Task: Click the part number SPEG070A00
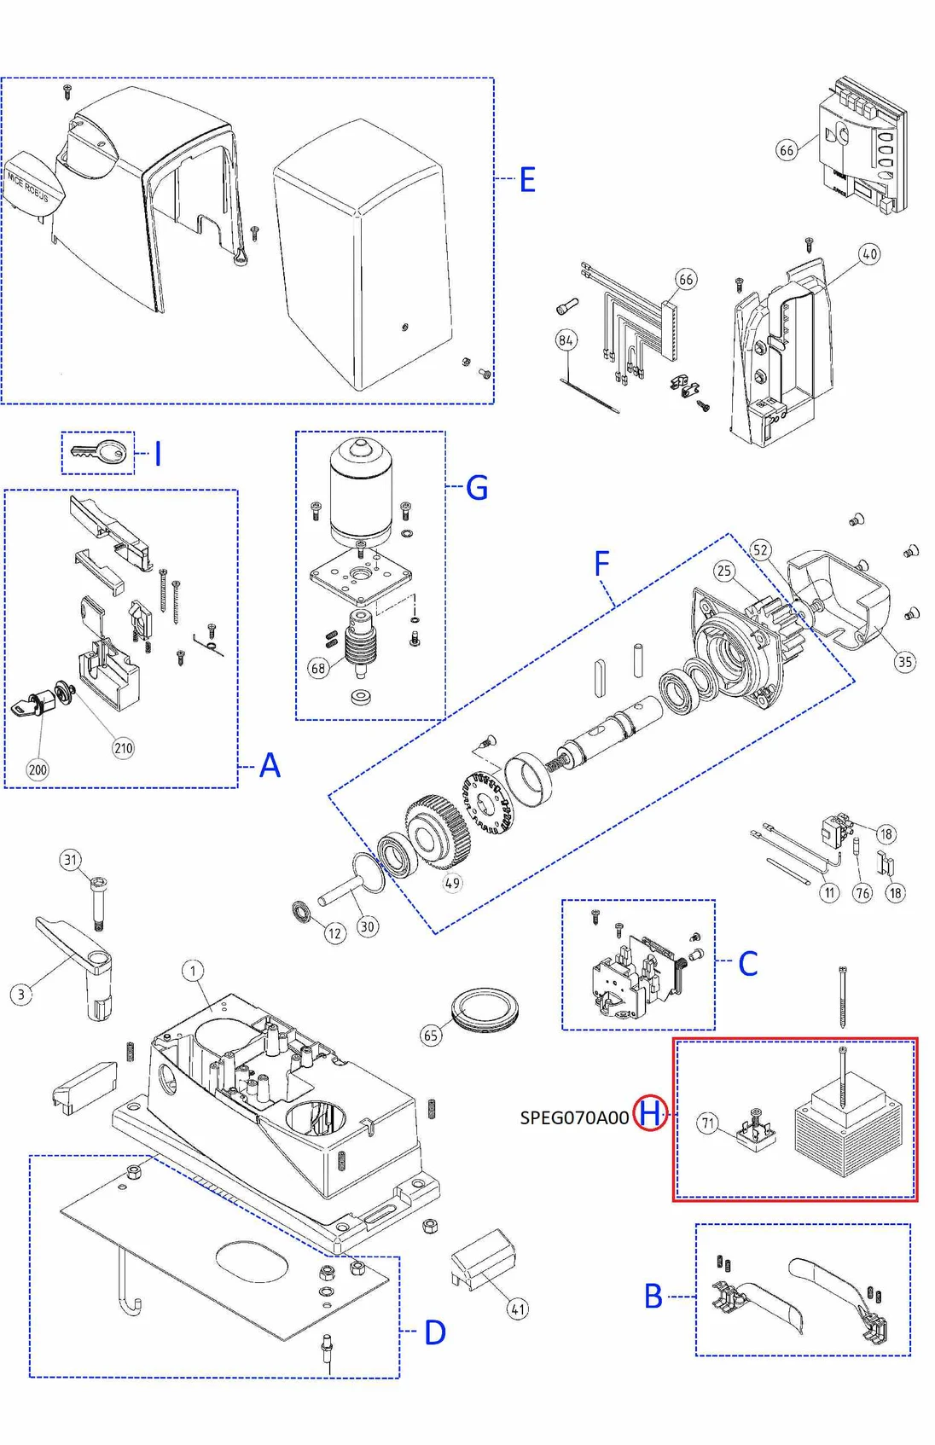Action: pyautogui.click(x=574, y=1117)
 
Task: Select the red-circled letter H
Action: pyautogui.click(x=650, y=1113)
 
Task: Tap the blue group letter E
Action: pyautogui.click(x=527, y=180)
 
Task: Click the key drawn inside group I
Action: pyautogui.click(x=99, y=451)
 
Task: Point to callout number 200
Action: pyautogui.click(x=38, y=769)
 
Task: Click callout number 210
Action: pyautogui.click(x=124, y=748)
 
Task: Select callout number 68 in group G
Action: pyautogui.click(x=318, y=668)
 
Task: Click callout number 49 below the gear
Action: pyautogui.click(x=452, y=883)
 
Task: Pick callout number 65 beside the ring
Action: pyautogui.click(x=431, y=1036)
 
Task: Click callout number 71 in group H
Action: pyautogui.click(x=708, y=1123)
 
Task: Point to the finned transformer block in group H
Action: pyautogui.click(x=847, y=1131)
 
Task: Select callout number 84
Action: pyautogui.click(x=566, y=340)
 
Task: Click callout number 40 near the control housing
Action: pyautogui.click(x=869, y=254)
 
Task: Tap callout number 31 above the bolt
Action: pyautogui.click(x=71, y=860)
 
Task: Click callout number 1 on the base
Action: pyautogui.click(x=193, y=971)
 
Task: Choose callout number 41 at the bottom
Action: pyautogui.click(x=518, y=1309)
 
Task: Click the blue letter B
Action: pyautogui.click(x=653, y=1297)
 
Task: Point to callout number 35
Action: pyautogui.click(x=904, y=661)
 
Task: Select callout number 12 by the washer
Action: pyautogui.click(x=334, y=933)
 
